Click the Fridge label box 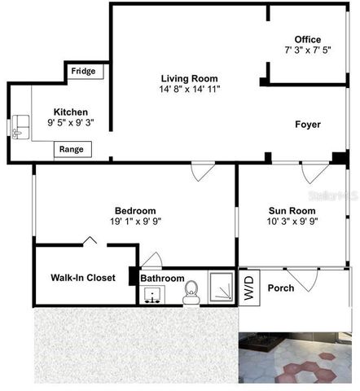click(x=83, y=72)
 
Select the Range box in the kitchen click(x=72, y=149)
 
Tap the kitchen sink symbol click(x=20, y=126)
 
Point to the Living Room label click(x=190, y=78)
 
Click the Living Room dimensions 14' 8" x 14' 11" click(x=190, y=88)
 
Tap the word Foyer click(x=307, y=125)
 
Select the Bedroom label click(x=134, y=209)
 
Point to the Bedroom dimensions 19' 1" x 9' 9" click(x=134, y=220)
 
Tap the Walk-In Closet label click(x=77, y=278)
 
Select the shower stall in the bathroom click(x=222, y=288)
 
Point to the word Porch click(x=281, y=288)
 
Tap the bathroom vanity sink click(x=152, y=295)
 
